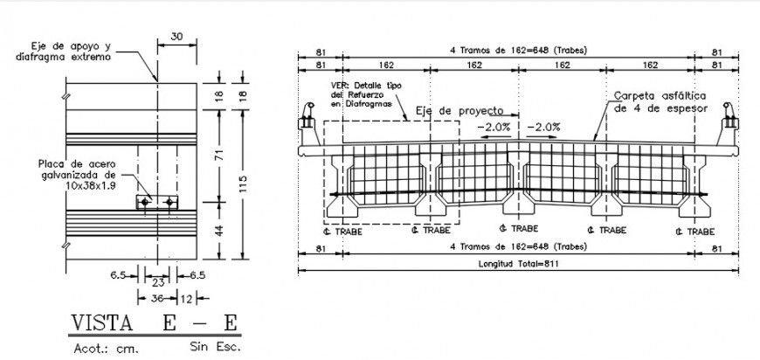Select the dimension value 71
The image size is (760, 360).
pos(219,156)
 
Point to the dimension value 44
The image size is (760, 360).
pos(219,230)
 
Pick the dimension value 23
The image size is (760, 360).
pos(158,283)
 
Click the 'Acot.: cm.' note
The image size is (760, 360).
pos(100,348)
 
